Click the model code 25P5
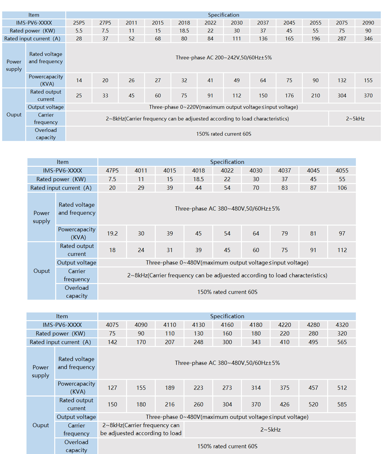coord(79,23)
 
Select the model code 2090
coord(368,23)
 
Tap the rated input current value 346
coord(368,39)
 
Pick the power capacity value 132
coord(342,81)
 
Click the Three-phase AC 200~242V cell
coord(223,58)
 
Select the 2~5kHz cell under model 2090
coord(355,119)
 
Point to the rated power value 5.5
coord(79,31)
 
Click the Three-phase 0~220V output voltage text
coord(223,107)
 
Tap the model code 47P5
coord(112,171)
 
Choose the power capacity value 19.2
coord(112,234)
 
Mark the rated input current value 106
coord(342,188)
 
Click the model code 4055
coord(342,171)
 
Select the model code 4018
coord(199,171)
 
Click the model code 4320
coord(342,325)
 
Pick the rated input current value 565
coord(342,342)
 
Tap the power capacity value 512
coord(342,388)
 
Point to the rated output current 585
coord(342,404)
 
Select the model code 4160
coord(227,325)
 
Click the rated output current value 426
coord(285,404)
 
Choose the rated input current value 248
coord(199,342)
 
